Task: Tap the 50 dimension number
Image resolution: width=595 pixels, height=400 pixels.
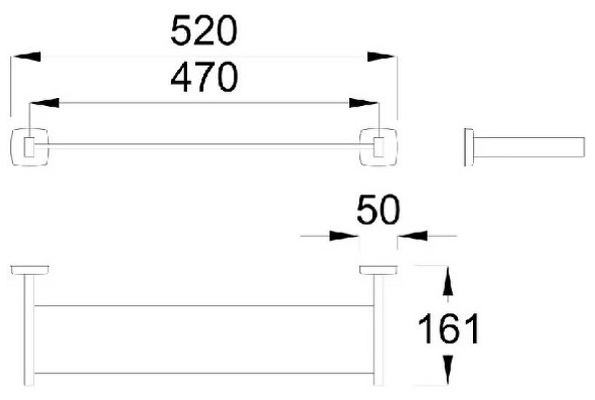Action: coord(378,211)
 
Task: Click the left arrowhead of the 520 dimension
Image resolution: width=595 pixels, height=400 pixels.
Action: coord(26,56)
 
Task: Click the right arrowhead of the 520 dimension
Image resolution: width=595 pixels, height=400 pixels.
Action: coord(382,56)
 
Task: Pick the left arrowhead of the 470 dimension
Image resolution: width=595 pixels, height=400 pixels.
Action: coord(44,104)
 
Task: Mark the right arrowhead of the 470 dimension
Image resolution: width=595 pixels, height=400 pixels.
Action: coord(363,104)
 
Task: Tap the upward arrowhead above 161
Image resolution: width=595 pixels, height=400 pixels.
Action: coord(449,280)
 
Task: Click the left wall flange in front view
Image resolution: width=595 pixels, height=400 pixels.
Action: coord(30,271)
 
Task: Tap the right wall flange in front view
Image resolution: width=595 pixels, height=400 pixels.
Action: coord(378,271)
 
